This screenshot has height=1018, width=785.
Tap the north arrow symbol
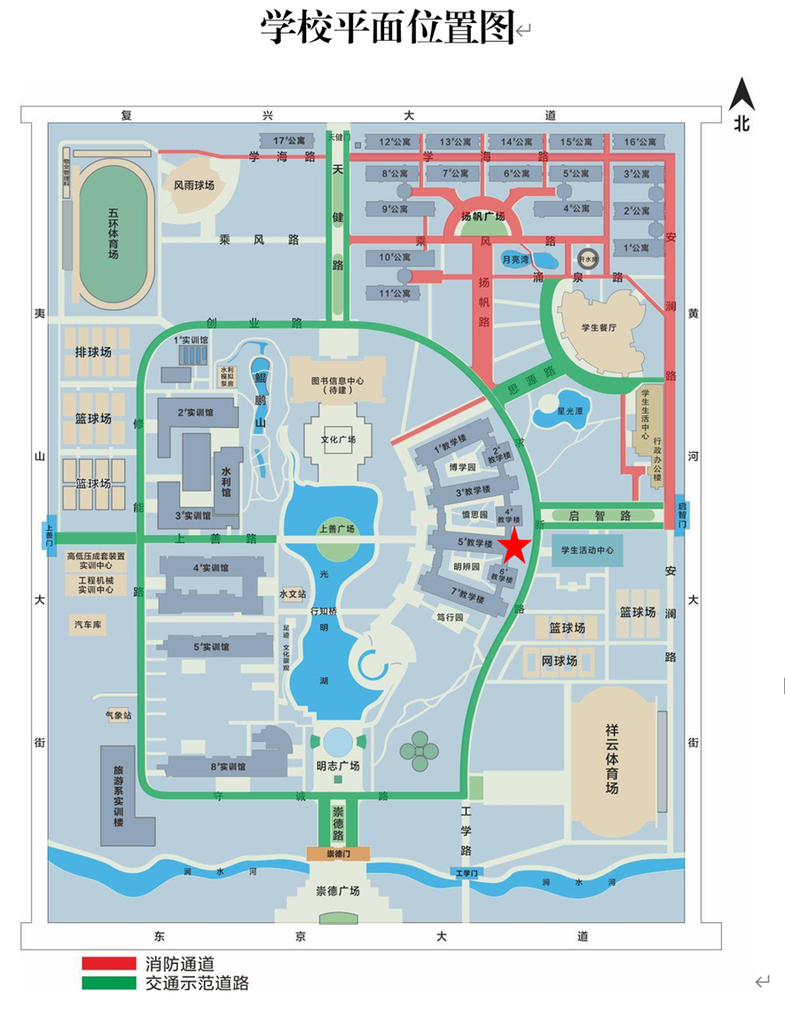741,97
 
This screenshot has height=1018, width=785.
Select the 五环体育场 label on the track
113,233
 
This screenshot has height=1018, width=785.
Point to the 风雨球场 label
193,185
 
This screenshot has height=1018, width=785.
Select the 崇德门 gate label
338,853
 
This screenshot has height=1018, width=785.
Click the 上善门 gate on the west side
50,537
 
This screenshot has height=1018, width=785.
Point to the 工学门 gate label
467,873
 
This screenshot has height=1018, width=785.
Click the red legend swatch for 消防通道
107,963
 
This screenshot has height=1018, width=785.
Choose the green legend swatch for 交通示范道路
107,982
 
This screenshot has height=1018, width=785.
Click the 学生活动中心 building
586,550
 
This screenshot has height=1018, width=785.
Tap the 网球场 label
560,661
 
